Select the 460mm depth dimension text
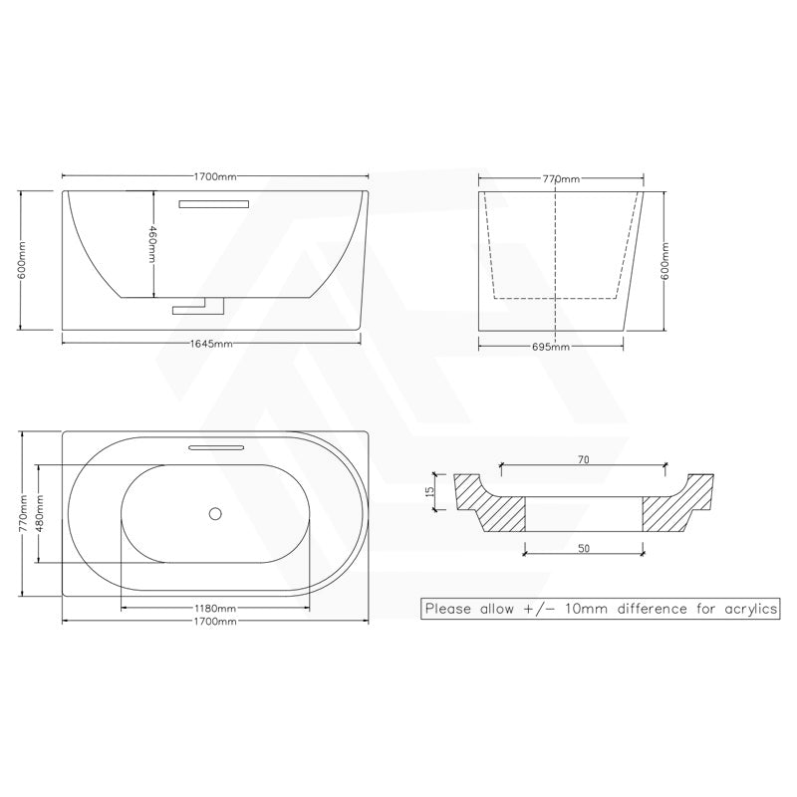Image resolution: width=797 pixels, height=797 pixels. pyautogui.click(x=152, y=244)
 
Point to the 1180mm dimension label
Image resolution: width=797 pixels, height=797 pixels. pyautogui.click(x=215, y=608)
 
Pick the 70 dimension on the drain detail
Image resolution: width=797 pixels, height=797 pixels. pyautogui.click(x=583, y=460)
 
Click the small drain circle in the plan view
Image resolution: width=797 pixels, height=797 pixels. pyautogui.click(x=214, y=514)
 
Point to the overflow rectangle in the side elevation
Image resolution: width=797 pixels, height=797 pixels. pyautogui.click(x=213, y=203)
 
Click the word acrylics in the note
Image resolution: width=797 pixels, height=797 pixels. pyautogui.click(x=746, y=608)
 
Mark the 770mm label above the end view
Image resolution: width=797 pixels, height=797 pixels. pyautogui.click(x=561, y=179)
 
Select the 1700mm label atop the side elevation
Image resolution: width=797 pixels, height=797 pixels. pyautogui.click(x=215, y=177)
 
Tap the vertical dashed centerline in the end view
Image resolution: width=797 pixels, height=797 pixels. pyautogui.click(x=554, y=244)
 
